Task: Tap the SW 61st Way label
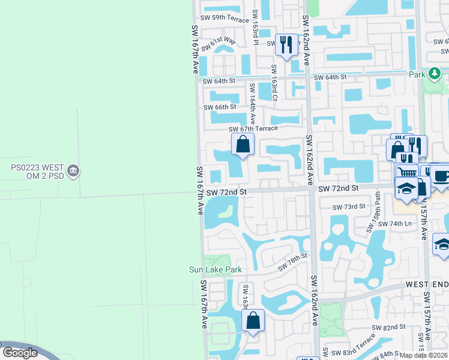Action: click(x=219, y=43)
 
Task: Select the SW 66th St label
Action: click(x=220, y=107)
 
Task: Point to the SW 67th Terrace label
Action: click(x=253, y=128)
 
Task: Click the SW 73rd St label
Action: click(x=349, y=206)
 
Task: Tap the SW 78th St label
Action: click(x=292, y=260)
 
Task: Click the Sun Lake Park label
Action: click(x=215, y=270)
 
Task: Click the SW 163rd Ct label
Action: click(x=274, y=83)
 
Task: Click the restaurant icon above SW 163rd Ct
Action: click(x=286, y=44)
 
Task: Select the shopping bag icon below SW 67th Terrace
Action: click(x=243, y=144)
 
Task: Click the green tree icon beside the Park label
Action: click(x=433, y=74)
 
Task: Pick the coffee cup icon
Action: click(x=441, y=176)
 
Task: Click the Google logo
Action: click(x=20, y=353)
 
